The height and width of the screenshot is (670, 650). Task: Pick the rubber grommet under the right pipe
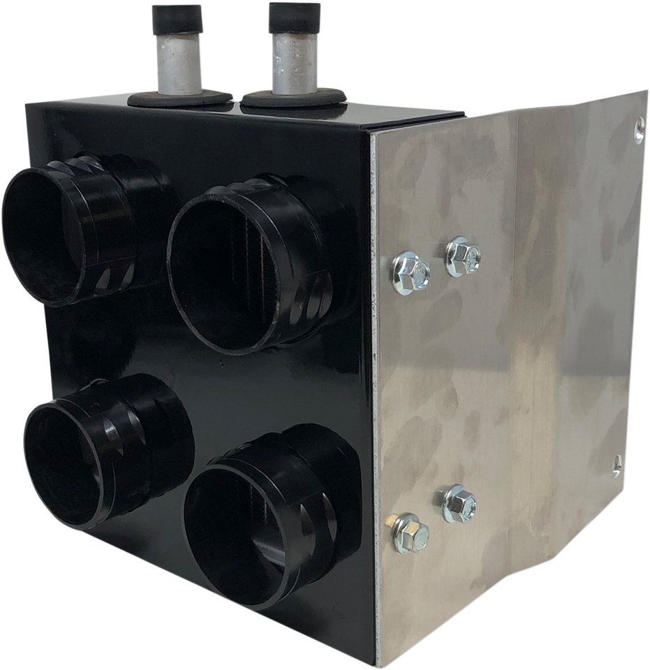(x=293, y=101)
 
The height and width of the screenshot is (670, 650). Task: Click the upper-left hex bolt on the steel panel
(x=411, y=269)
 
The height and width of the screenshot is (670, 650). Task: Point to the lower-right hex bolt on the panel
(x=459, y=503)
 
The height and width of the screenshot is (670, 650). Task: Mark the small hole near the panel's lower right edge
(x=616, y=461)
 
